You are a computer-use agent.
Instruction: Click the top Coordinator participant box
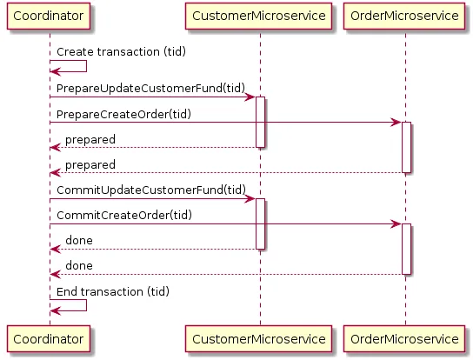(50, 17)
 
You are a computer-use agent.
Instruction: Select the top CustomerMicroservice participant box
(260, 17)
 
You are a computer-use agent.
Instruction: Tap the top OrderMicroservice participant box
(406, 17)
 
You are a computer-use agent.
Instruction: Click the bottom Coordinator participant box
(50, 338)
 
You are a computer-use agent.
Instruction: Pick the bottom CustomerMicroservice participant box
(260, 338)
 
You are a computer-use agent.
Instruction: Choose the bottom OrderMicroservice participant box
(406, 338)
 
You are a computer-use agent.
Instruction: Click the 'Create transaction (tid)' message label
(121, 52)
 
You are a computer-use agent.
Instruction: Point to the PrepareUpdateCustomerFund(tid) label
(150, 88)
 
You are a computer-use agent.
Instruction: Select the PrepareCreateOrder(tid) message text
(124, 114)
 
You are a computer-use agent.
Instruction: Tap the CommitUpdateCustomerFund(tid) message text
(150, 189)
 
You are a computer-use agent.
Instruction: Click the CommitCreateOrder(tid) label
(124, 215)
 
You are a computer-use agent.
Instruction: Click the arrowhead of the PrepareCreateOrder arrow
(396, 123)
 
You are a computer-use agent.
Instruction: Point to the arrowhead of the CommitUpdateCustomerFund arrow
(250, 199)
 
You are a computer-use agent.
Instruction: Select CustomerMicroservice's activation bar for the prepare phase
(260, 122)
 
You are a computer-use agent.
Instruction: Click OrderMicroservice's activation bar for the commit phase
(406, 249)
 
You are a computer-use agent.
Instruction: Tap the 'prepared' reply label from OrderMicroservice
(90, 164)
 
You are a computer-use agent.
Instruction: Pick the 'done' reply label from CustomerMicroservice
(79, 240)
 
